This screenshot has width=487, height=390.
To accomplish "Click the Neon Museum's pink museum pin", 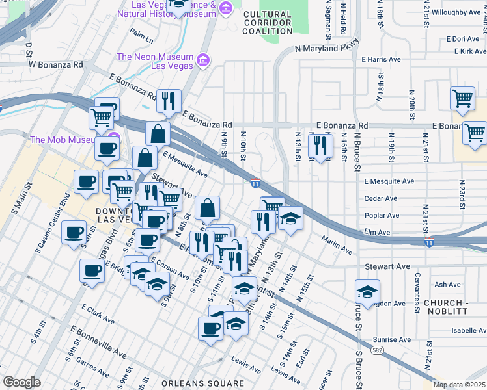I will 203,60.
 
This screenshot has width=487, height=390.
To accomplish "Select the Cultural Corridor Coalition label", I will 268,23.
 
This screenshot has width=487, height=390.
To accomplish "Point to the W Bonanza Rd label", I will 55,65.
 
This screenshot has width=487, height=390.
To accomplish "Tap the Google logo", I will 21,382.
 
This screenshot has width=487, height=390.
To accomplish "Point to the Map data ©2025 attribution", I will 459,385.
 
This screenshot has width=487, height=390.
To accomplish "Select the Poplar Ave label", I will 382,215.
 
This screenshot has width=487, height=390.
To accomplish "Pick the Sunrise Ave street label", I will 392,339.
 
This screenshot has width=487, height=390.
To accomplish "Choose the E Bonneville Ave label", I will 98,343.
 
